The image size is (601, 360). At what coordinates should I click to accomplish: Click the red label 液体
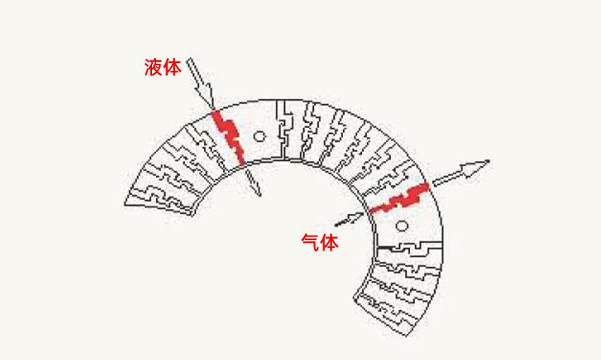tap(162, 68)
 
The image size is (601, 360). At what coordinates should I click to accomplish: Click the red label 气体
tap(319, 243)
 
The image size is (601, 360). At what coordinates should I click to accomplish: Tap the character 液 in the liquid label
tap(153, 68)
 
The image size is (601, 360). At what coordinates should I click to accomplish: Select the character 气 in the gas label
tap(310, 243)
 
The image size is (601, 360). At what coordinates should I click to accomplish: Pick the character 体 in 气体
tap(328, 243)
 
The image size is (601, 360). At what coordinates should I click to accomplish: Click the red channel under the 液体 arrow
tap(230, 136)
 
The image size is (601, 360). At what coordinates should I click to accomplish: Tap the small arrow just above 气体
tap(349, 218)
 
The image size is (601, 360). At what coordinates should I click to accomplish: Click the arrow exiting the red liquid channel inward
tap(252, 180)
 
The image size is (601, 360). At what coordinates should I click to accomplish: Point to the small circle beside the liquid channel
tap(259, 135)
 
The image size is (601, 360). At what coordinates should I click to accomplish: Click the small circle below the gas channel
tap(401, 226)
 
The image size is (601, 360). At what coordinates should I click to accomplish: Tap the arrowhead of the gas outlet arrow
tap(478, 167)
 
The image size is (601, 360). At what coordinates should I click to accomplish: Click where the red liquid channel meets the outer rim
tap(216, 113)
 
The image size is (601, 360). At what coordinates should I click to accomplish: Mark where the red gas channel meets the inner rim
tap(369, 210)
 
